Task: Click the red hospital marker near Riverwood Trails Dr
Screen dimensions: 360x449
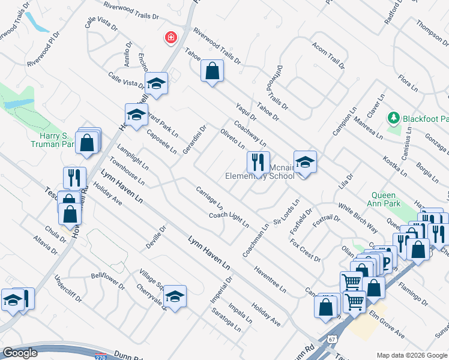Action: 171,38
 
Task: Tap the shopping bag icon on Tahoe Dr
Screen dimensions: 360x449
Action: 212,71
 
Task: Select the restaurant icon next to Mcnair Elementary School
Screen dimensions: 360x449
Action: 258,162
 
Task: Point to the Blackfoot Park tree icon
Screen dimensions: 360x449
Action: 393,118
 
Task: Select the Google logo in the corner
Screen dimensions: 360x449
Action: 20,352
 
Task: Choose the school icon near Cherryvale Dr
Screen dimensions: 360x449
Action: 175,296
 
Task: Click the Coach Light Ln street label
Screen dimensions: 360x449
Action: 229,220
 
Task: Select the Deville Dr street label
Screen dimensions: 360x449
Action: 155,238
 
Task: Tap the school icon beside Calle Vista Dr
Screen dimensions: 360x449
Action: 155,83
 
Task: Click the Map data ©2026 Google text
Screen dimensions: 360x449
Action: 412,355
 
